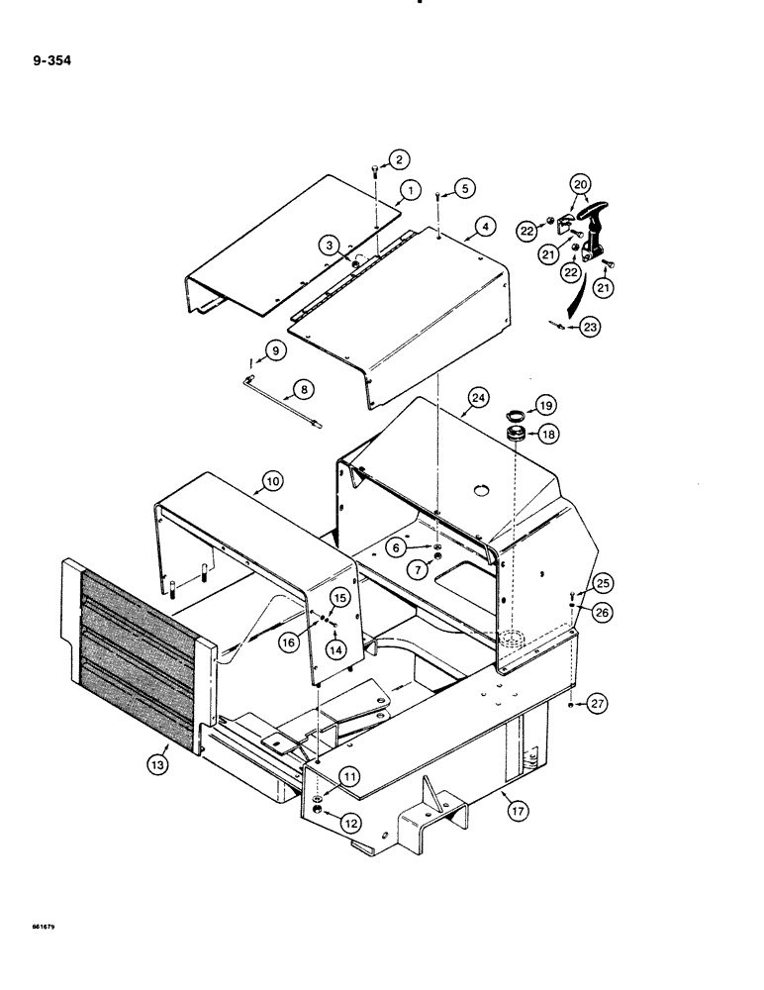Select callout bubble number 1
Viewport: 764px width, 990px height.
point(409,190)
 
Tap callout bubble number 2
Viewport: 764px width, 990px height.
point(398,158)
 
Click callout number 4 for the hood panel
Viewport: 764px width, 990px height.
point(484,227)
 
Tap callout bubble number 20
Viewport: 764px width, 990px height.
point(579,184)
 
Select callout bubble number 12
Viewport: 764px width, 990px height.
point(324,819)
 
